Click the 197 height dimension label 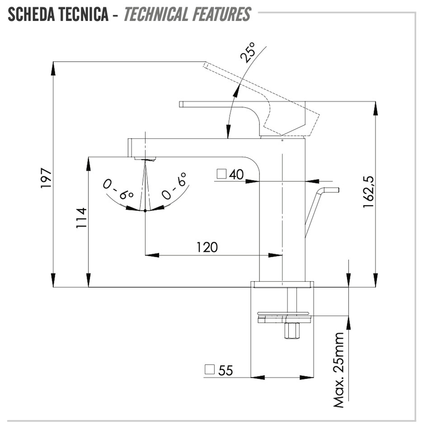[46, 178]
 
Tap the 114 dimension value [81, 218]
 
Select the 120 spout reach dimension [207, 247]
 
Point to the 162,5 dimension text [368, 192]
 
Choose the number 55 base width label [225, 371]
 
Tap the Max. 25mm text [339, 370]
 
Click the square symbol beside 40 [221, 174]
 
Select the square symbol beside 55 [210, 369]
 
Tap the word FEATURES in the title [222, 14]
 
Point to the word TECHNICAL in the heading [155, 14]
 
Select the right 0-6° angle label [174, 186]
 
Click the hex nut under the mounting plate [292, 330]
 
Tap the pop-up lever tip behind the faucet [332, 190]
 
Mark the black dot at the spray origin [145, 211]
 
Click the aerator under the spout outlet [145, 159]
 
